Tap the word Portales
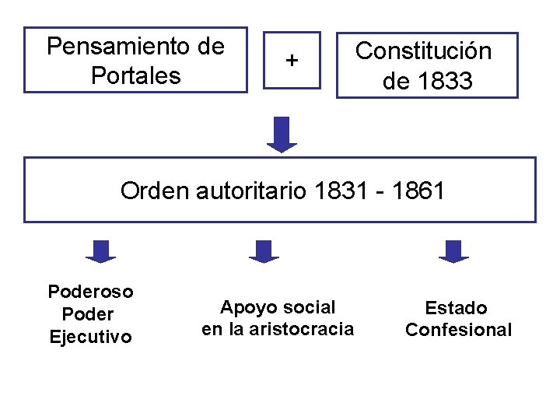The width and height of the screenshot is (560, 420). (x=135, y=76)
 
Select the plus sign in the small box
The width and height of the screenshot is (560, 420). (x=292, y=59)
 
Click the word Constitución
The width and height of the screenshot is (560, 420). (x=423, y=51)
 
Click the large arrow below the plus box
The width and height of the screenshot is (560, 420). (x=282, y=134)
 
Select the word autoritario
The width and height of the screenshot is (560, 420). (x=253, y=191)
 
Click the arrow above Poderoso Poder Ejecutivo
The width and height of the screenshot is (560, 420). (x=100, y=251)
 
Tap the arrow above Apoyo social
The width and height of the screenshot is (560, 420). (x=264, y=251)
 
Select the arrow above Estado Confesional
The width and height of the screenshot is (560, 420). (x=453, y=251)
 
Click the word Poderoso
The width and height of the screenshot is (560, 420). (x=91, y=292)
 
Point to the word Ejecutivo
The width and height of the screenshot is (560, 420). (x=90, y=337)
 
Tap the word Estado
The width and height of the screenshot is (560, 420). (x=457, y=308)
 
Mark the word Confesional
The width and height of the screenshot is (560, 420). (x=459, y=330)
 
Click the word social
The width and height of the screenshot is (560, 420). (x=311, y=307)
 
